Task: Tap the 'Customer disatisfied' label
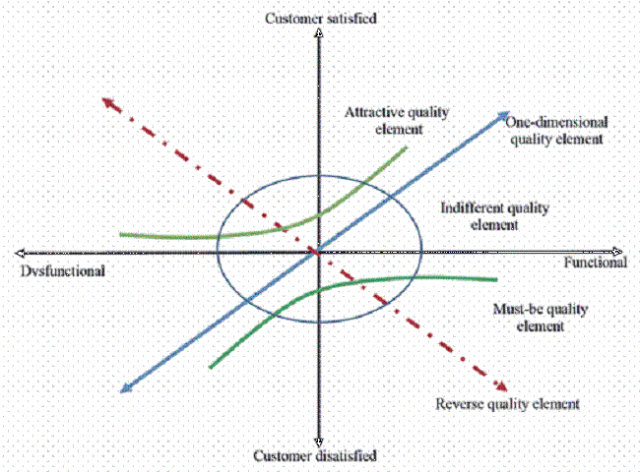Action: point(316,455)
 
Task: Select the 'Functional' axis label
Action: point(595,265)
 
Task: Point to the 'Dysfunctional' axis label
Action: point(60,268)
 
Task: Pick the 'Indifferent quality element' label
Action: point(493,216)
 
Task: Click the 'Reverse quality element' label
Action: point(506,403)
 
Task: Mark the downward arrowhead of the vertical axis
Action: point(317,441)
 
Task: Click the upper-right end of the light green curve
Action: point(406,148)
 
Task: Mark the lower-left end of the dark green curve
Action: point(211,367)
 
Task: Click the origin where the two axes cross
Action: point(317,252)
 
